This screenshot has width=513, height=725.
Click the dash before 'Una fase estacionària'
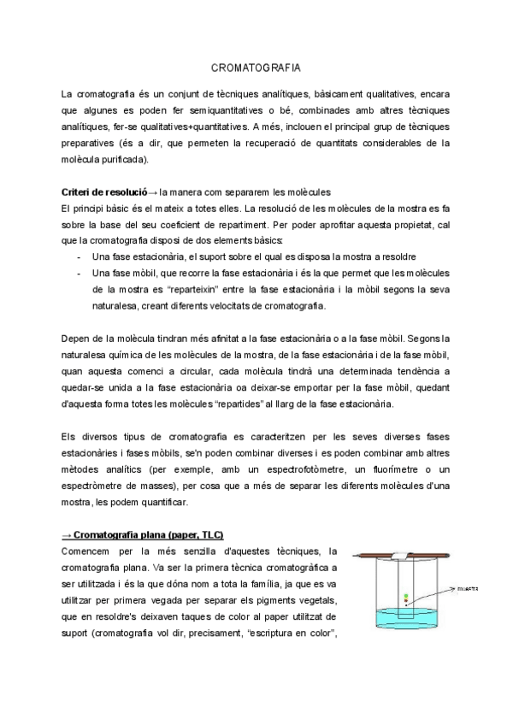(79, 256)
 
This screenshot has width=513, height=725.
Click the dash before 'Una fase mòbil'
(79, 272)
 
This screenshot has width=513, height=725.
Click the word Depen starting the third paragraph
(77, 339)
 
